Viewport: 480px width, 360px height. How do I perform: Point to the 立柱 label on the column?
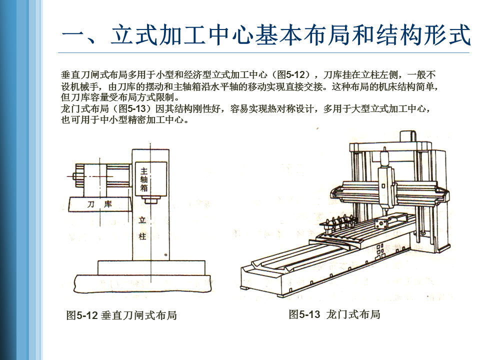142,227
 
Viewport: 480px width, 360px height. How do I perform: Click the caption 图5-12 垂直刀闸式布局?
121,315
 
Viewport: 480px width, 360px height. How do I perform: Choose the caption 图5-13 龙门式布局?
334,314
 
